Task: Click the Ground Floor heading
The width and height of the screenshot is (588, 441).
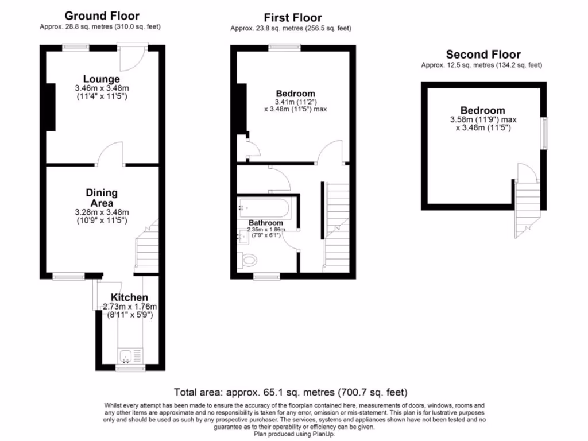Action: coord(102,16)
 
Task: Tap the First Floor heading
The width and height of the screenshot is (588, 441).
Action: coord(292,18)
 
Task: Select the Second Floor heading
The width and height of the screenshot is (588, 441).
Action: coord(483,55)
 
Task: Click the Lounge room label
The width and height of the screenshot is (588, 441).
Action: coord(102,79)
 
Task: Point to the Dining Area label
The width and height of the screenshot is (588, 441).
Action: coord(102,198)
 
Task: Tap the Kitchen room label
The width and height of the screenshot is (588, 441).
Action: coord(129,297)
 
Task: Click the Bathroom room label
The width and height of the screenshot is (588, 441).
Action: coord(265,223)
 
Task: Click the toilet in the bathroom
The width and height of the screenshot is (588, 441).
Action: coord(249,260)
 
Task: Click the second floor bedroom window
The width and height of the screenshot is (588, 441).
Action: coord(545,133)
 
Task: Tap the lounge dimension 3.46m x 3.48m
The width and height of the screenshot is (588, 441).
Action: coord(102,88)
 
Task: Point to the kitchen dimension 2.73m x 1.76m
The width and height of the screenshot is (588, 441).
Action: coord(129,307)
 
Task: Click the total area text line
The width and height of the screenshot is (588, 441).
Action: coord(291,393)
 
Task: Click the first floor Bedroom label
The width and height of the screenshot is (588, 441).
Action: coord(295,94)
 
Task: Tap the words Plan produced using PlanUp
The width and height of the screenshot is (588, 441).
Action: coord(293,434)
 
